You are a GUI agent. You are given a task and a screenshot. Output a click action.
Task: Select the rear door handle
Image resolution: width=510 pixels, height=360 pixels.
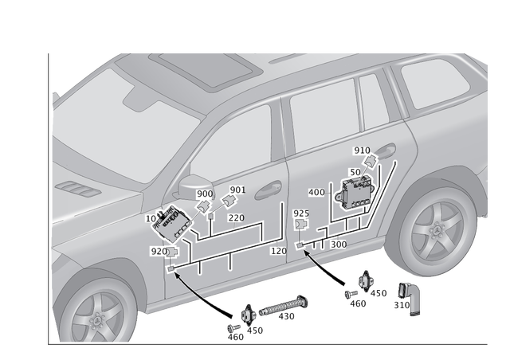(386, 154)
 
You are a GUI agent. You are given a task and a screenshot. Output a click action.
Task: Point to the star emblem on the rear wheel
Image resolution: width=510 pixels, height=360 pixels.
(433, 232)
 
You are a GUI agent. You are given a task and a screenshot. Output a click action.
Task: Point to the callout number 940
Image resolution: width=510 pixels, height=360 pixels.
(362, 151)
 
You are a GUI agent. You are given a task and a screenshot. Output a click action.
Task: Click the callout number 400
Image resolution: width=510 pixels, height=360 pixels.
(316, 193)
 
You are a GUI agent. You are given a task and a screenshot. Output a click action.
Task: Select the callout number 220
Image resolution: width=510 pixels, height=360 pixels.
(235, 217)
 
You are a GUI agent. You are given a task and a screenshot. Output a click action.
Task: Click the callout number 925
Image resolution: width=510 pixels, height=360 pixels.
(300, 213)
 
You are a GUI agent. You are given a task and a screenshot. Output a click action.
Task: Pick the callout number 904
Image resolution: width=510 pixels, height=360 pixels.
(238, 189)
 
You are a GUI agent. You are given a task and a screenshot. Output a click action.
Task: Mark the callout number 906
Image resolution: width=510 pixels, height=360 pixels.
(205, 194)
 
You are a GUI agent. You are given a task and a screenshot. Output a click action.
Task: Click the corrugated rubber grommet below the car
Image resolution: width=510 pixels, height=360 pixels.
(279, 309)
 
